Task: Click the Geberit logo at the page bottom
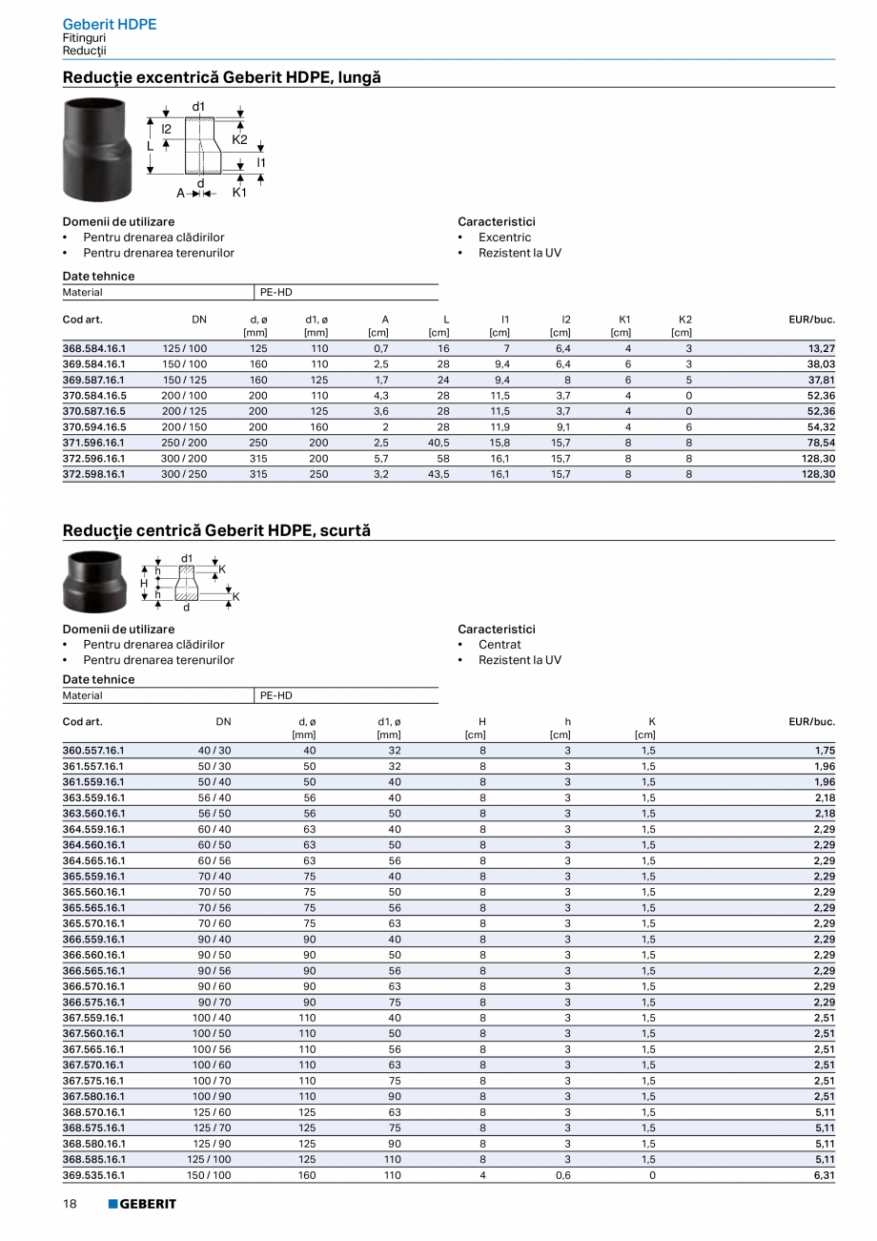[x=142, y=1204]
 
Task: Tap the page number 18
[x=70, y=1204]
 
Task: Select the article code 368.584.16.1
[x=94, y=348]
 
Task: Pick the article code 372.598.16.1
[x=94, y=474]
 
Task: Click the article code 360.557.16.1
[x=94, y=751]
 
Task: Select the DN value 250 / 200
[x=184, y=443]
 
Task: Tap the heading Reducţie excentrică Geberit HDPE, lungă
[x=221, y=77]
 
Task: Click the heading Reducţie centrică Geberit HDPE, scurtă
[x=216, y=530]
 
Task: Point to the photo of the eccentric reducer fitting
[x=96, y=149]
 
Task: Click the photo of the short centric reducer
[x=94, y=582]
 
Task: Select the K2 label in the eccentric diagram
[x=239, y=139]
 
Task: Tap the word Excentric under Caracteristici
[x=504, y=238]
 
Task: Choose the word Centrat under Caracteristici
[x=500, y=645]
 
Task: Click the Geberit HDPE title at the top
[x=109, y=24]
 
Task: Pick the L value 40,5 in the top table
[x=438, y=443]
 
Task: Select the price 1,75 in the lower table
[x=825, y=751]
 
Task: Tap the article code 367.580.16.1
[x=94, y=1096]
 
